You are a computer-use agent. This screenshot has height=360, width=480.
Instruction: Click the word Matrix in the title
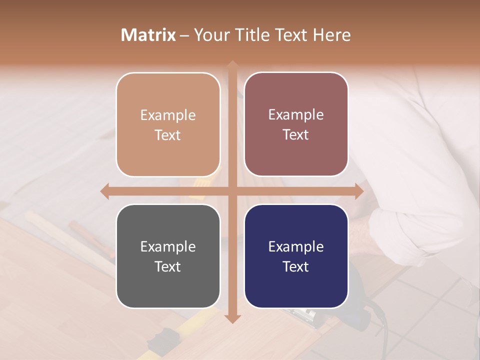click(x=148, y=35)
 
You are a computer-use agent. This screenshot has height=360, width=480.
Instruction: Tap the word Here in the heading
click(x=332, y=35)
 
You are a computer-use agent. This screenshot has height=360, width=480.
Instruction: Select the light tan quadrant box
click(x=168, y=124)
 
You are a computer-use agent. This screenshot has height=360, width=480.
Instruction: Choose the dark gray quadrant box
click(x=168, y=256)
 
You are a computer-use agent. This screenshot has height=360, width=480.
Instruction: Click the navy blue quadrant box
click(x=296, y=256)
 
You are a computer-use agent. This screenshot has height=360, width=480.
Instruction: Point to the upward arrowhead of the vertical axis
click(x=232, y=65)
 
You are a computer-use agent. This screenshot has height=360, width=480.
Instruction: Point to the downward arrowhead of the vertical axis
click(x=232, y=318)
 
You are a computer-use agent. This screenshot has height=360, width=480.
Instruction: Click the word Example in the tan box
click(x=168, y=115)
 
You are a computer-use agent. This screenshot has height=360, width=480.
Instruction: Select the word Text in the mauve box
click(x=296, y=134)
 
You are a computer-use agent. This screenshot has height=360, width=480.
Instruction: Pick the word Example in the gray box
click(x=168, y=246)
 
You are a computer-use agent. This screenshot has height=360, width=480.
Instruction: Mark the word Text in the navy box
click(x=296, y=266)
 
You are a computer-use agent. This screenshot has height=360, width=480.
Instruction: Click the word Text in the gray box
click(x=168, y=266)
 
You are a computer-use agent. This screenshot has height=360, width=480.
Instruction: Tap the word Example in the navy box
click(x=296, y=246)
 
